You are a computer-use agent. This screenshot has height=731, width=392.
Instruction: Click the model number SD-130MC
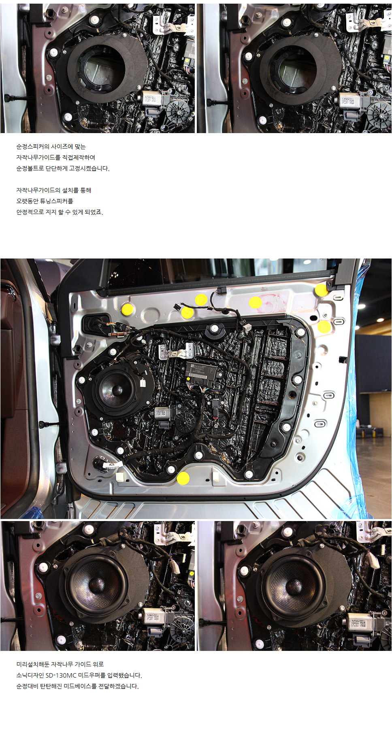(61, 675)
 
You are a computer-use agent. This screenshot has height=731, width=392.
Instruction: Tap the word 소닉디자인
(30, 675)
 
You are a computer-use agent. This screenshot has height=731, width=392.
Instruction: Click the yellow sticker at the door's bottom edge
(183, 478)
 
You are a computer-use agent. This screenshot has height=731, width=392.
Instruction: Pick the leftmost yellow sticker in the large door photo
(128, 309)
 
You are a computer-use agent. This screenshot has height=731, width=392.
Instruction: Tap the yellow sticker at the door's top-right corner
(321, 290)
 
